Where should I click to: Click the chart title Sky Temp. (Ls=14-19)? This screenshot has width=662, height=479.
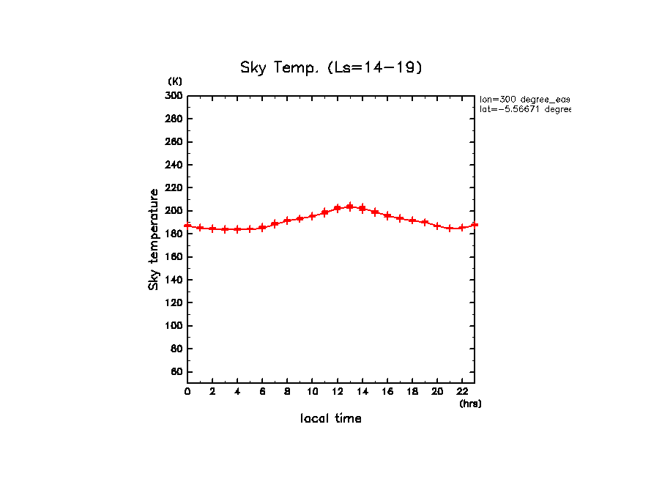pos(332,67)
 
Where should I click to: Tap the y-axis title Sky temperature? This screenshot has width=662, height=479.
pos(154,239)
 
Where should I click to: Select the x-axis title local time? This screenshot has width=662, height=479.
pos(331,419)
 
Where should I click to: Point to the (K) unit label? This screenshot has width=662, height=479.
pos(175,81)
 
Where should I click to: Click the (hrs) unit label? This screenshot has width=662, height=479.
pos(470,404)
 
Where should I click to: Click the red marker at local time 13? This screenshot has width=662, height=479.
pos(350,207)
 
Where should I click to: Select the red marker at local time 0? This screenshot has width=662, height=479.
pos(187,226)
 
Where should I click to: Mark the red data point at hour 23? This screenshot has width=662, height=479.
pos(475,225)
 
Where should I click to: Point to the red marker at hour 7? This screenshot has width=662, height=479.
pos(275,223)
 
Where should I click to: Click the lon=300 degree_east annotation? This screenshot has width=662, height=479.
pos(524,99)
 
